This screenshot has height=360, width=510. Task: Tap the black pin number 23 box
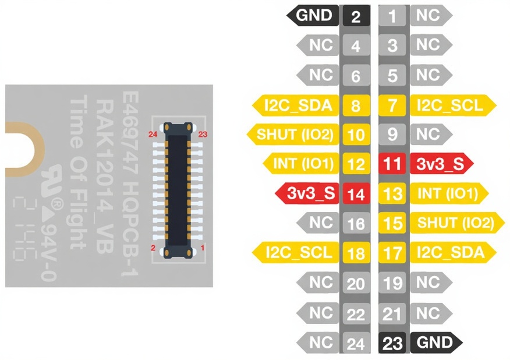[393, 343]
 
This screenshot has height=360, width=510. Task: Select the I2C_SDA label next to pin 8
[295, 105]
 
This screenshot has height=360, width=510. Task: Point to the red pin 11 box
[393, 164]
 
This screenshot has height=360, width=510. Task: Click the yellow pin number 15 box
[393, 224]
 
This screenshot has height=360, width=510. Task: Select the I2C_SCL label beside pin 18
[295, 253]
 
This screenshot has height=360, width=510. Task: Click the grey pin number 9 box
[393, 135]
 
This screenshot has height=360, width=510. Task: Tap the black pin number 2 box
[356, 16]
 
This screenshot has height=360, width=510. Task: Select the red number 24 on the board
[153, 134]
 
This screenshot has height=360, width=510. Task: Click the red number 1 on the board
[202, 248]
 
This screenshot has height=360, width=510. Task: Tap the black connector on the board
[178, 190]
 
